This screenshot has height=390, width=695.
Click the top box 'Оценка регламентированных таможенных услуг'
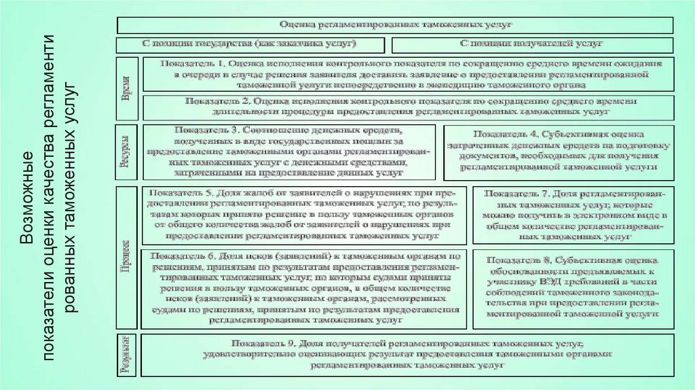point(395,24)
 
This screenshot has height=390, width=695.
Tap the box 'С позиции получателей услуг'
point(532,45)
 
